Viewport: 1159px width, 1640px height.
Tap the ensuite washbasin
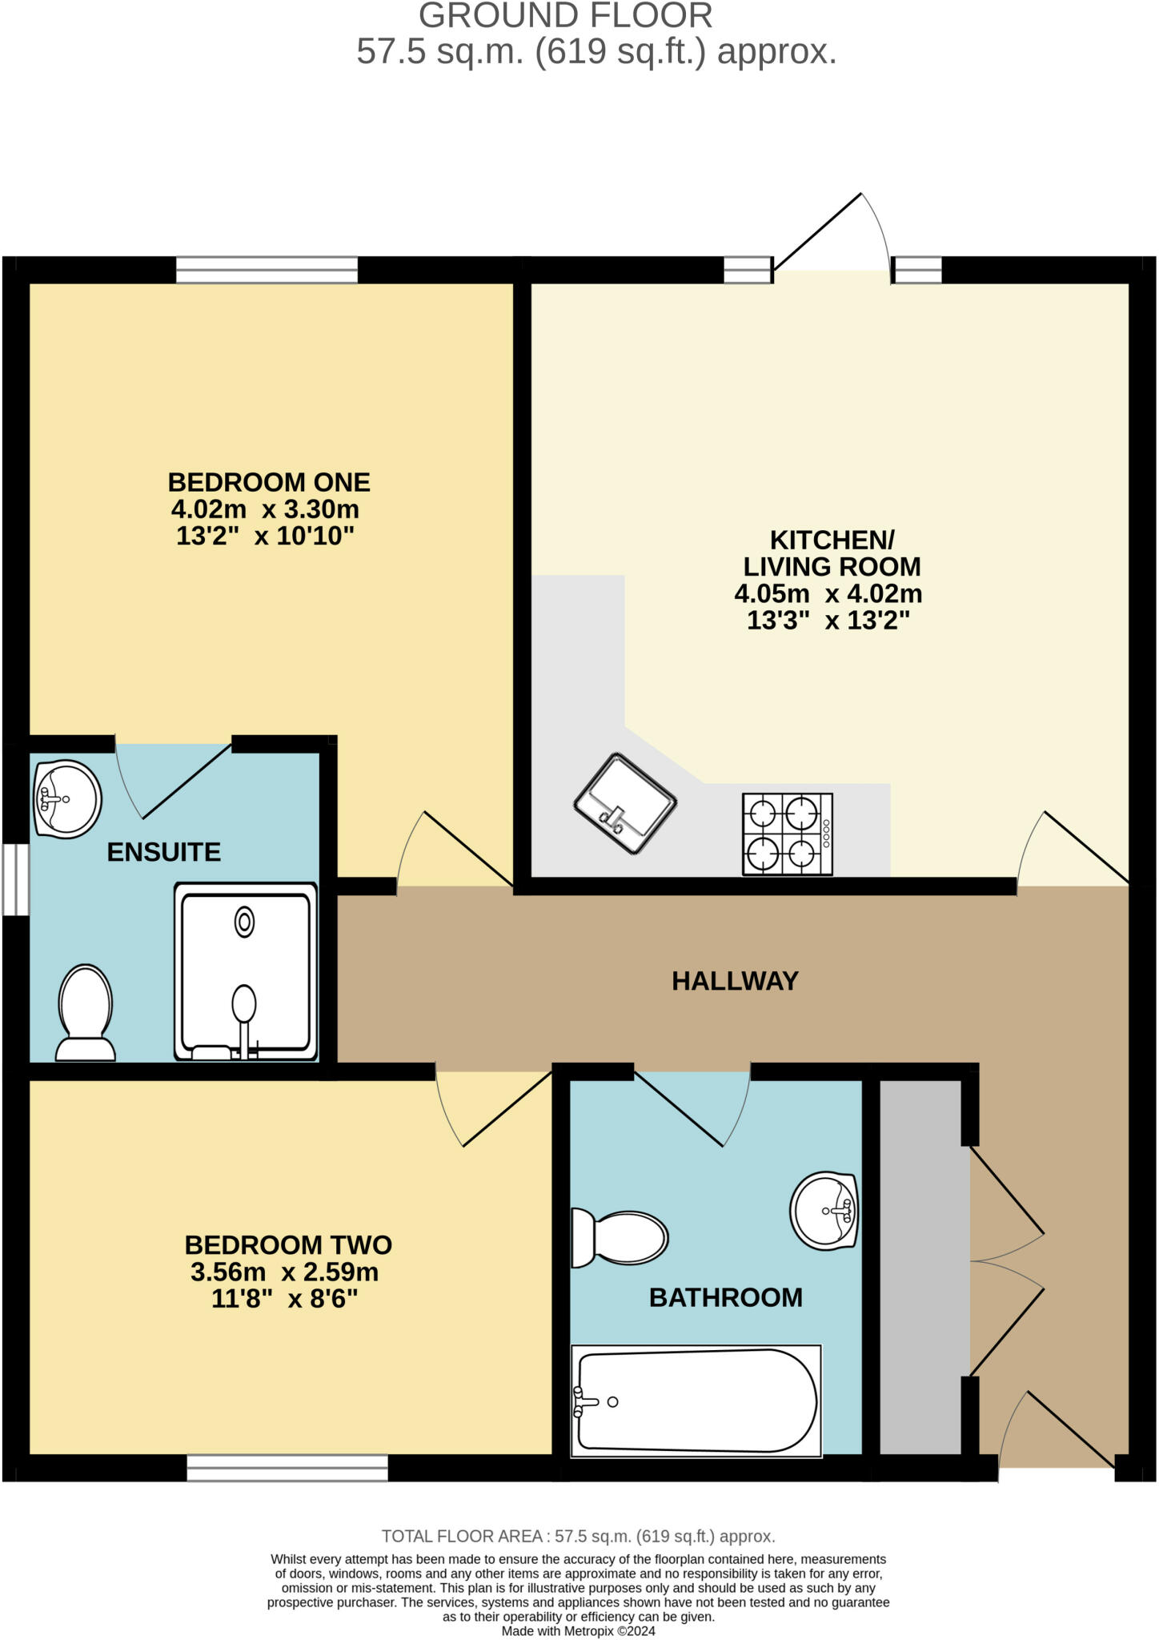(67, 798)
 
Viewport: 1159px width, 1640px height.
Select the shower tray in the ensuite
(246, 971)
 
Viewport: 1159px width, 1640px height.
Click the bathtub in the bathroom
(696, 1401)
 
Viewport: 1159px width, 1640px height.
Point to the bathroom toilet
(619, 1238)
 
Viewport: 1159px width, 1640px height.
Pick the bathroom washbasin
(824, 1210)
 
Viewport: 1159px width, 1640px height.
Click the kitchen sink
(625, 803)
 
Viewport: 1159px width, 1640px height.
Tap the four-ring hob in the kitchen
(788, 834)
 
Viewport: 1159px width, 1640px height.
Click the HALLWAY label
(735, 981)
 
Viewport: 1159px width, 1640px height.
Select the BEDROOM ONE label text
(269, 482)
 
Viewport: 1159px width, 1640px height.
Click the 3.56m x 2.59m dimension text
(284, 1272)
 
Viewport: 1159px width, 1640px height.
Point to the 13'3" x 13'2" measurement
(828, 621)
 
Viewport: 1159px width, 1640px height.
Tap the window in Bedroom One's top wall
(267, 270)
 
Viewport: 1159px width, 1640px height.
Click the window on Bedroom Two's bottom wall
(287, 1467)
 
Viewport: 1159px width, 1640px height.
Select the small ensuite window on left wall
(15, 878)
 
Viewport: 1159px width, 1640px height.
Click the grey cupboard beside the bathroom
(920, 1265)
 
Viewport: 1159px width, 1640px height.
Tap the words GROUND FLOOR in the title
(565, 16)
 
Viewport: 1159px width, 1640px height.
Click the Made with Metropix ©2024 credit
(578, 1630)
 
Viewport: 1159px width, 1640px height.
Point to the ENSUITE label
(164, 852)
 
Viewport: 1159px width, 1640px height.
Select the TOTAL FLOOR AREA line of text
(578, 1536)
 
